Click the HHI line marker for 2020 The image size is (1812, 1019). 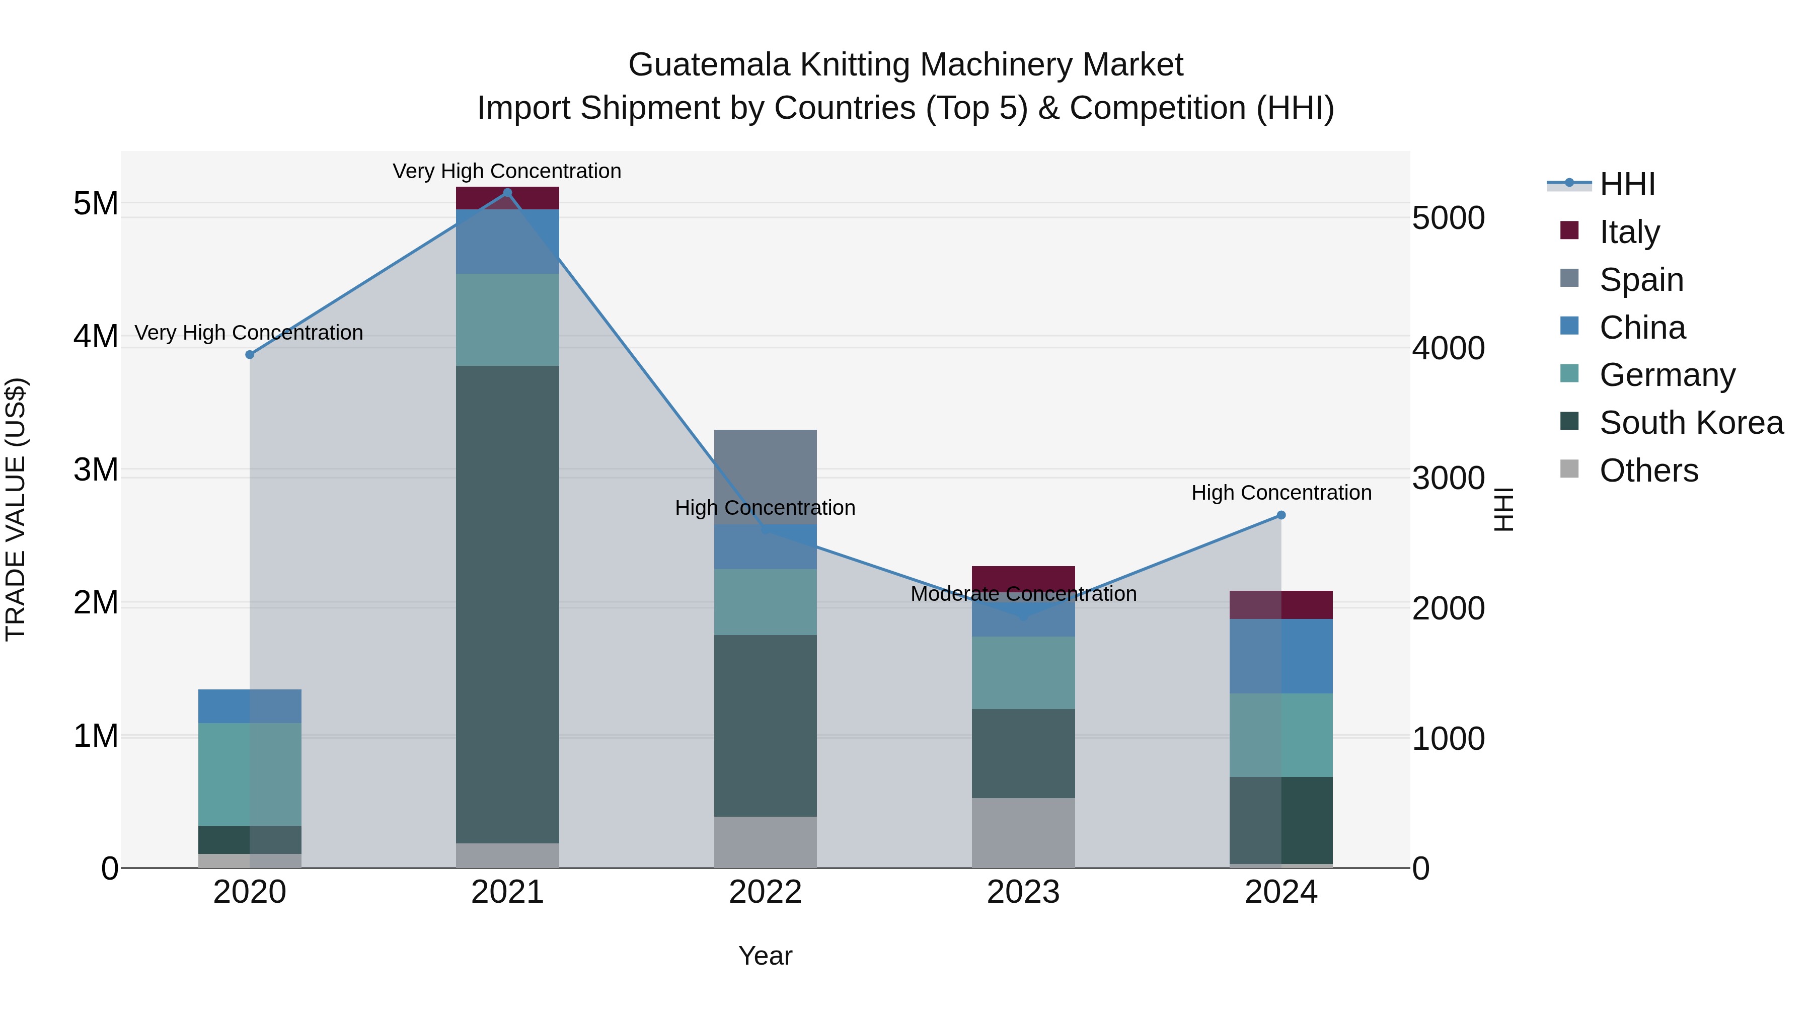point(250,354)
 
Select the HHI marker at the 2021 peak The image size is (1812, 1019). point(507,193)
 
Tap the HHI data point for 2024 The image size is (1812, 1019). point(1281,515)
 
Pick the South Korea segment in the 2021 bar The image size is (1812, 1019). point(507,605)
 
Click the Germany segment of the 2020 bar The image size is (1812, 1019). point(250,773)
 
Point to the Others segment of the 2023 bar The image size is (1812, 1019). point(1023,833)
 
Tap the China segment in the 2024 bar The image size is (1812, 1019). point(1281,656)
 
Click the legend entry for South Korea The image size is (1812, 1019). point(1691,423)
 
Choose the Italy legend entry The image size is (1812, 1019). point(1629,231)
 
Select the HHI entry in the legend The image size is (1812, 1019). point(1627,184)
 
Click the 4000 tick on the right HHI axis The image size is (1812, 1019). point(1448,348)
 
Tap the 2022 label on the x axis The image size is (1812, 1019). point(765,892)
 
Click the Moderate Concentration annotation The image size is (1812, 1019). point(1023,594)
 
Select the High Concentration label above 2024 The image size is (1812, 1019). point(1281,492)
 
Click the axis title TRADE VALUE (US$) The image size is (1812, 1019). point(16,509)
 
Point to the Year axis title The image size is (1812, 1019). point(765,956)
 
